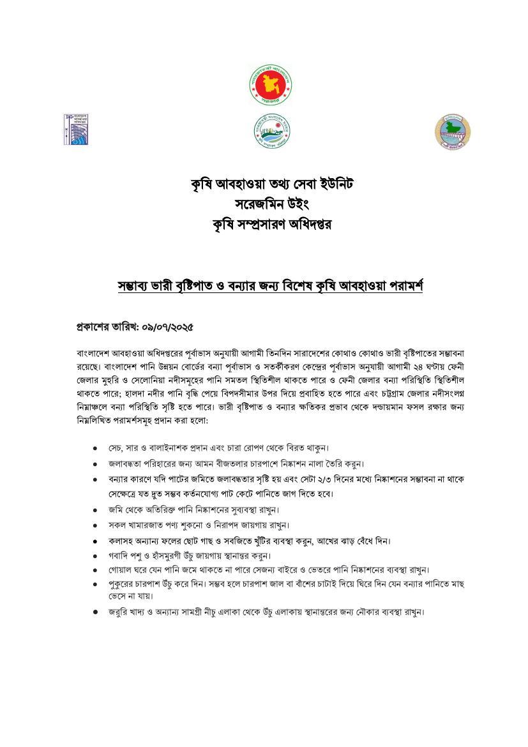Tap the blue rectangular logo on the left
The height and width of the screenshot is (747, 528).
(x=74, y=128)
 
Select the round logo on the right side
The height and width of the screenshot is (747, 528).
(x=453, y=132)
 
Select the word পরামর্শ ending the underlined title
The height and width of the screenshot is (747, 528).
(x=399, y=286)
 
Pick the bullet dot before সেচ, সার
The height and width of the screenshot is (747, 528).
(x=95, y=448)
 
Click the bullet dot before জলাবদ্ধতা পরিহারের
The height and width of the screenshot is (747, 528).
(x=95, y=464)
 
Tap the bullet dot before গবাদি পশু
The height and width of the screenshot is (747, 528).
(x=95, y=555)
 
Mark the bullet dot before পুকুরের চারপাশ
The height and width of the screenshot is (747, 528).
(x=95, y=584)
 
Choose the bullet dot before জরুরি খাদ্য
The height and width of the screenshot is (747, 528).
(x=95, y=612)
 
